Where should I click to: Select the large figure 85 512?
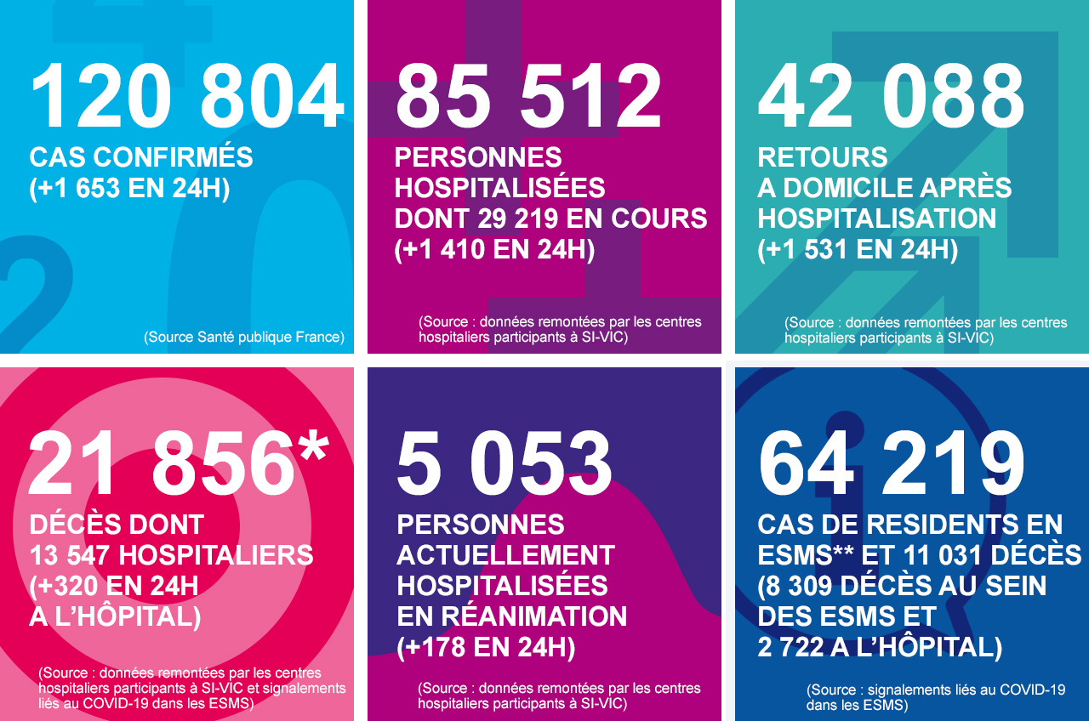pos(528,95)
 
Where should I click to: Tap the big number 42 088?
pos(891,95)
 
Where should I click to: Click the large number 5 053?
pos(505,464)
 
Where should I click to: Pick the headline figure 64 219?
pos(892,464)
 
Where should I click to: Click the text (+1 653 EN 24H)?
pos(130,188)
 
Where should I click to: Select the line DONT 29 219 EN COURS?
pos(550,219)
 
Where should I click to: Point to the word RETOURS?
pos(823,157)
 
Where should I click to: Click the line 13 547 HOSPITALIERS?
pos(171,555)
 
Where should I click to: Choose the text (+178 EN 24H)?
pos(486,647)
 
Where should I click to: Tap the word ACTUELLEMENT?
pos(505,555)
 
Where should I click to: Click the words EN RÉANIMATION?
pos(512,616)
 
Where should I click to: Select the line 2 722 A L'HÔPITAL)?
pos(880,647)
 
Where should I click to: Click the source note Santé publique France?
pos(244,337)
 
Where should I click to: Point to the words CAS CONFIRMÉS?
pos(141,157)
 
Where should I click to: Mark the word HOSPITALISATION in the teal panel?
pos(877,219)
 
